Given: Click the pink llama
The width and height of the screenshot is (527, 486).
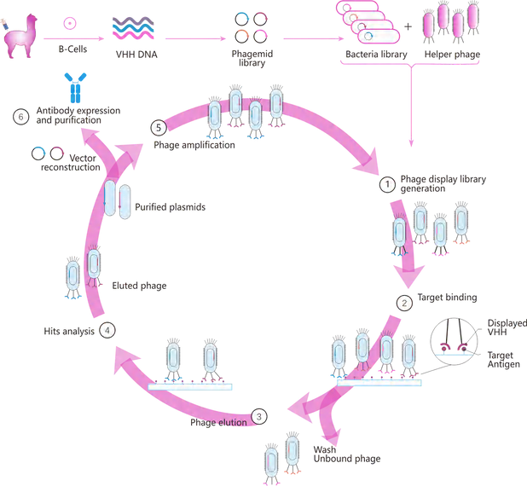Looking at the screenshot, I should pyautogui.click(x=19, y=38).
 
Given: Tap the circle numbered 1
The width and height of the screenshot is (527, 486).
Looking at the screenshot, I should pyautogui.click(x=386, y=182).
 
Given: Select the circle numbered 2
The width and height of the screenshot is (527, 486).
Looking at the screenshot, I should pyautogui.click(x=405, y=302).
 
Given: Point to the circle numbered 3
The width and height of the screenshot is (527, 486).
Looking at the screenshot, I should pyautogui.click(x=260, y=417).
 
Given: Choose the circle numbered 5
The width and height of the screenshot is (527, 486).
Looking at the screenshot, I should pyautogui.click(x=157, y=127).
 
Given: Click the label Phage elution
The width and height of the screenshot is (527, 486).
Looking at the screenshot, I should pyautogui.click(x=218, y=422).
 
